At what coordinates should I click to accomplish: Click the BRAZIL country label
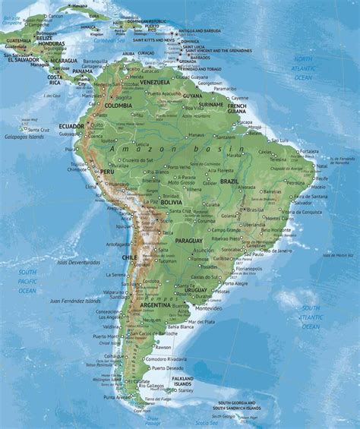pyautogui.click(x=229, y=183)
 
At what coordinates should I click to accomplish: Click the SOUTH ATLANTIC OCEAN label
pyautogui.click(x=310, y=317)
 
